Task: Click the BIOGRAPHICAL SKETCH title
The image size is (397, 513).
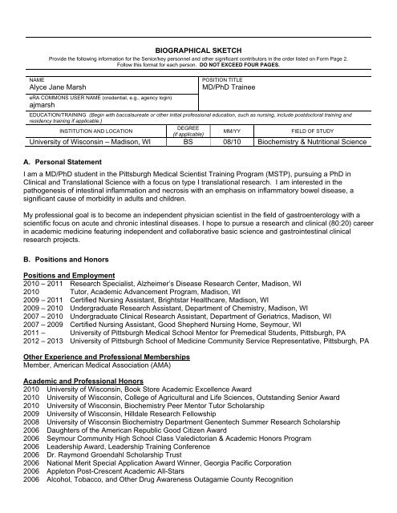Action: point(199,49)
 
